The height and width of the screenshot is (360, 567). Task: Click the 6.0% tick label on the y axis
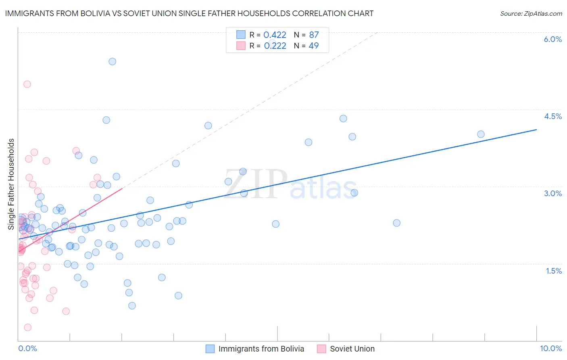(552, 39)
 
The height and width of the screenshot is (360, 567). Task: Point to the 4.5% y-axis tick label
(552, 116)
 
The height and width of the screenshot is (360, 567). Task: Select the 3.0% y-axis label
(552, 193)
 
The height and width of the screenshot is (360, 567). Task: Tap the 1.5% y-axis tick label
(554, 271)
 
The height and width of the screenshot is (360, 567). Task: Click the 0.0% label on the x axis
(27, 348)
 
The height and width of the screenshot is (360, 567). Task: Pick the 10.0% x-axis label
(550, 348)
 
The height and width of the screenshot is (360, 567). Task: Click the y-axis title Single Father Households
(11, 184)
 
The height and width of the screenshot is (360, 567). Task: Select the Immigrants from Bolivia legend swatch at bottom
(210, 349)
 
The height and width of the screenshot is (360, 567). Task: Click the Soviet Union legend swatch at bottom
(321, 349)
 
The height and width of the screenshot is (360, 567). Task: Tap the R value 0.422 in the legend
(275, 35)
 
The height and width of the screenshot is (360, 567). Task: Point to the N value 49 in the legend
(313, 46)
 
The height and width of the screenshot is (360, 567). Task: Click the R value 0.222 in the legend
(275, 46)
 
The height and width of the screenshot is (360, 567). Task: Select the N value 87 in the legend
(314, 35)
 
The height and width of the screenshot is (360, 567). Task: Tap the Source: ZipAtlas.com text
(531, 13)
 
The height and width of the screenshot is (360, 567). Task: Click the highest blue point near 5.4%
(112, 61)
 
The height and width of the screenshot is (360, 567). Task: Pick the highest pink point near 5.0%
(27, 84)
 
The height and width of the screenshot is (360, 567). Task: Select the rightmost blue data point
(481, 134)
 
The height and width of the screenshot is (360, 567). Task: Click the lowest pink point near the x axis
(27, 327)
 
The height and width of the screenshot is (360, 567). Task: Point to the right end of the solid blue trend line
(536, 130)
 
